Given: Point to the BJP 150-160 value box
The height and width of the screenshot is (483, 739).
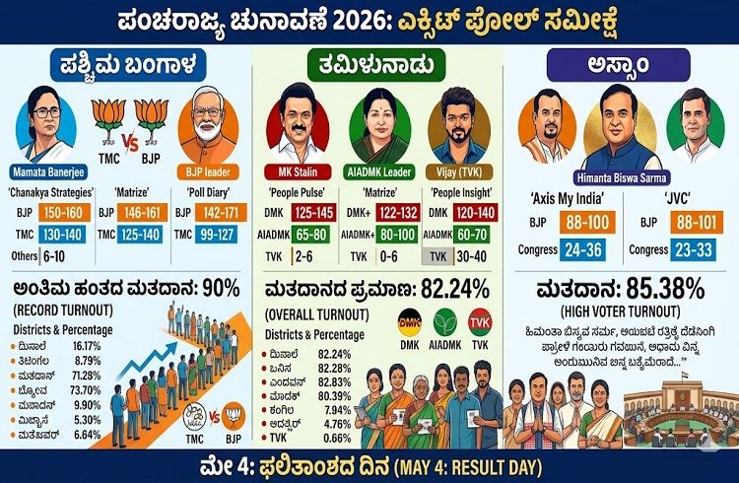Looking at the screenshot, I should [63, 212].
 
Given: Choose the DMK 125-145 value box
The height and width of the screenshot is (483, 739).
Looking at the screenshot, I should [315, 212].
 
